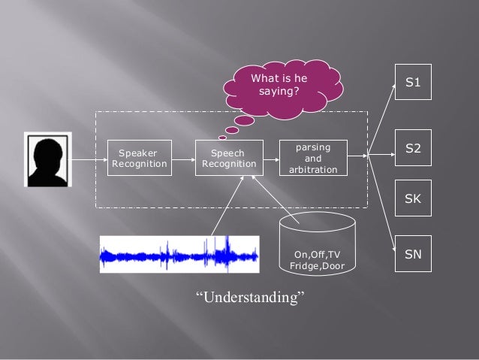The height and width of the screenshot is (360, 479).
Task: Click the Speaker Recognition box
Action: coord(139,158)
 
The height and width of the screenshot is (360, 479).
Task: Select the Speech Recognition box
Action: coord(229,158)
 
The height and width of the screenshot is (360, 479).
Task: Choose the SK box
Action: coord(413,198)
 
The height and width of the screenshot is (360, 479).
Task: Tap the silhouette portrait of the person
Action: coord(48,159)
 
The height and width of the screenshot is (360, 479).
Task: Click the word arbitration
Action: coord(313,170)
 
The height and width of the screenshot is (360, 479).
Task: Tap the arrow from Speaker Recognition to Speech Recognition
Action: coord(182,158)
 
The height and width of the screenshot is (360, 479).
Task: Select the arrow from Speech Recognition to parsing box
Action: coord(271,158)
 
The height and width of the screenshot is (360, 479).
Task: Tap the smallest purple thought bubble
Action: coord(222,137)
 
